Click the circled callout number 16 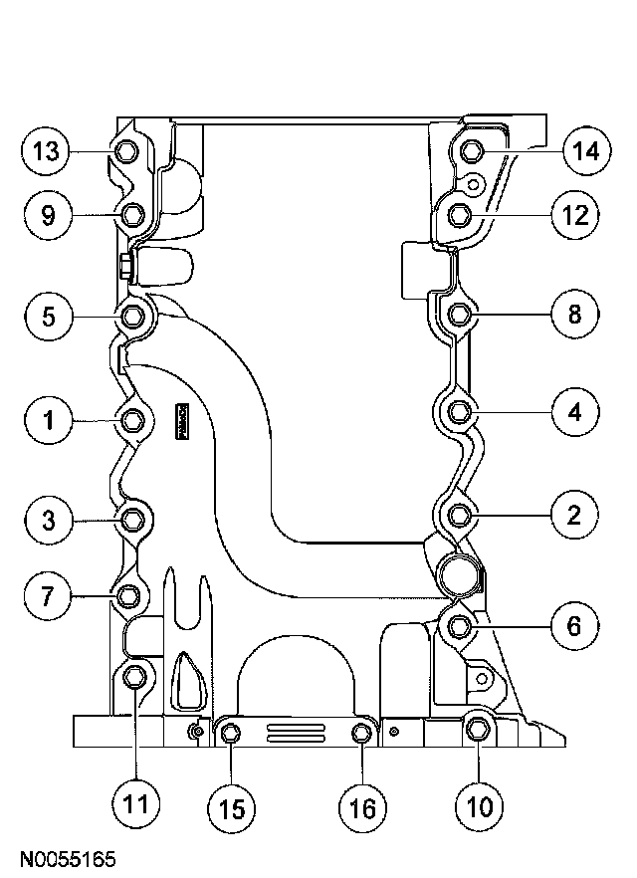[x=363, y=807]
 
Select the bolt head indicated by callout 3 [x=133, y=519]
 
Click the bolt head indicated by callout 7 [x=128, y=596]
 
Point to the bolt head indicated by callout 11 [x=136, y=678]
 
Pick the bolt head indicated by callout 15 [x=230, y=735]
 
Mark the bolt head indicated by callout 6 [x=459, y=626]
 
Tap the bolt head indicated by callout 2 [x=459, y=515]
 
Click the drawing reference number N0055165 [x=68, y=857]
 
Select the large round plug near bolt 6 [x=457, y=574]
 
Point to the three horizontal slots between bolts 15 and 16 [x=296, y=735]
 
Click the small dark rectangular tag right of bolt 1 [x=182, y=421]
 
